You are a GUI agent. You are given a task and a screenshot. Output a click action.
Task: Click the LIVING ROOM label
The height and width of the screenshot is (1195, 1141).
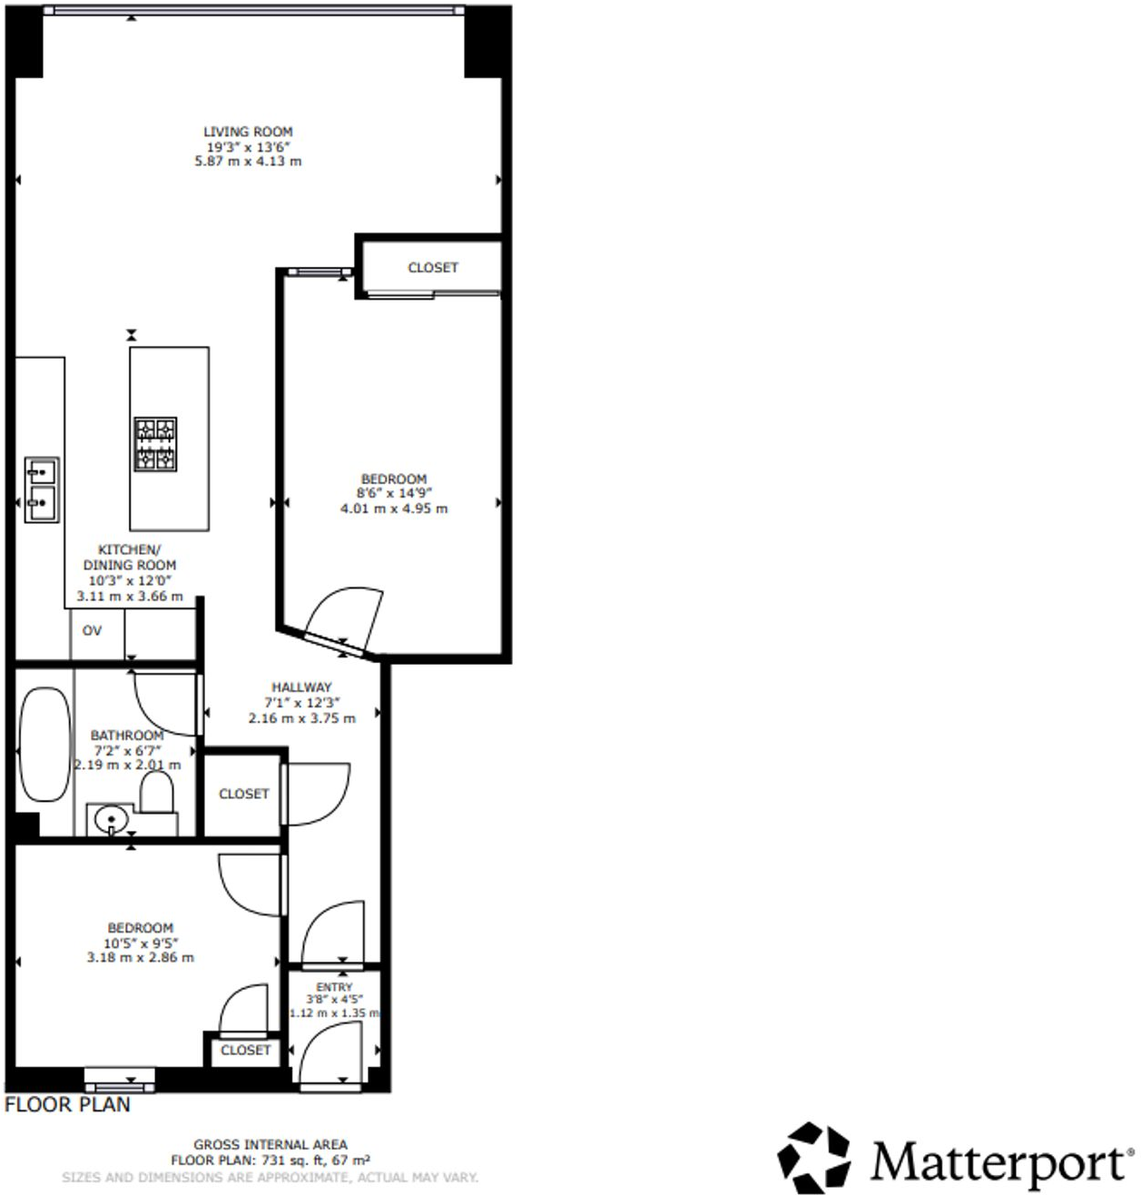(248, 132)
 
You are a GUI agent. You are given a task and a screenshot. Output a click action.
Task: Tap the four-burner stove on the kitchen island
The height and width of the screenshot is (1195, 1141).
(155, 444)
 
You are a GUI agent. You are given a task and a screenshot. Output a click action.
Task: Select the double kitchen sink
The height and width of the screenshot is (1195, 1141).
(42, 489)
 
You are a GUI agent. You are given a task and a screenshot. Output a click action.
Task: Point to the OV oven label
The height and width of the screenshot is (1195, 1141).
(92, 630)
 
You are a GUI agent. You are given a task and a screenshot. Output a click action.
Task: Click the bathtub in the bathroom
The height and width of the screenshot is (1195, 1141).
(44, 745)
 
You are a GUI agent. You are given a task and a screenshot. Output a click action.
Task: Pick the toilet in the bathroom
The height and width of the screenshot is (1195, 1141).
(157, 796)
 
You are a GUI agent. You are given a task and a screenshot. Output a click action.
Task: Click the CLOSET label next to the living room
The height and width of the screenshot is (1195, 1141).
(433, 268)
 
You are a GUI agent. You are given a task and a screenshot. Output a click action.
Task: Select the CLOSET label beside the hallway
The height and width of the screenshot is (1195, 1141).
(244, 794)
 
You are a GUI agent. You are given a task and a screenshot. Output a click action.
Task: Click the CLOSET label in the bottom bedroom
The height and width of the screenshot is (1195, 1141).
(245, 1050)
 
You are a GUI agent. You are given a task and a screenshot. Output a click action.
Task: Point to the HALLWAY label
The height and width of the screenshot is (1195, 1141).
(301, 687)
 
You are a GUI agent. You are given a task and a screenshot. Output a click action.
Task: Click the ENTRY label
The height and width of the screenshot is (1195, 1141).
(334, 987)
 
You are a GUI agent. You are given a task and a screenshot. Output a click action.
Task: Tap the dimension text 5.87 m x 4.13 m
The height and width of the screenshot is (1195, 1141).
(248, 162)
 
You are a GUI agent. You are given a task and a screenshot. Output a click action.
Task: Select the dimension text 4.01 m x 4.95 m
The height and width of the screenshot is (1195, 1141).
(394, 509)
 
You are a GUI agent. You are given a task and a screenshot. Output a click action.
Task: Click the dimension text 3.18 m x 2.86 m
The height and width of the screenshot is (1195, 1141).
(140, 957)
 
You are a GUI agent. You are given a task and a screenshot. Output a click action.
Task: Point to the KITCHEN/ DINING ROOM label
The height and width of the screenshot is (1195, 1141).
(129, 557)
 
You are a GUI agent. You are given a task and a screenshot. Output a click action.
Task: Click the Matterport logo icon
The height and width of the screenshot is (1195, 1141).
(814, 1158)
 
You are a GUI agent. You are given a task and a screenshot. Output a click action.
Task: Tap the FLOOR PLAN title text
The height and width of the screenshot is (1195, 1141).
(67, 1105)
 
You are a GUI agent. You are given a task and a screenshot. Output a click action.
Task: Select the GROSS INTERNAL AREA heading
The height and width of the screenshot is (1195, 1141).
(270, 1145)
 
